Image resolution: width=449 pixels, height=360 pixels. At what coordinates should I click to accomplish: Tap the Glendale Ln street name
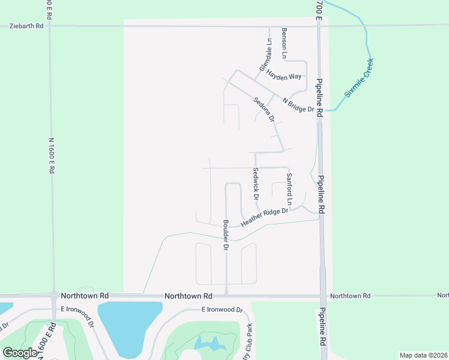point(265,55)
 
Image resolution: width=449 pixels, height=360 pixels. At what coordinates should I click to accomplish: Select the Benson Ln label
point(285,43)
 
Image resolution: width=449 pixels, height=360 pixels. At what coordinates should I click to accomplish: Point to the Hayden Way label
point(284,77)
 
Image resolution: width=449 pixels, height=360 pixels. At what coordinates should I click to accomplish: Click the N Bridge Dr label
point(298,105)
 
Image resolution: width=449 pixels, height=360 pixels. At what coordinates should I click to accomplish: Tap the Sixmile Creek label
point(359,78)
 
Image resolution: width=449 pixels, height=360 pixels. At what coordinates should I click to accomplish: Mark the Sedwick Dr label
point(255,184)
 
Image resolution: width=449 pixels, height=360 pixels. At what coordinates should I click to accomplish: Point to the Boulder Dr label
point(226,235)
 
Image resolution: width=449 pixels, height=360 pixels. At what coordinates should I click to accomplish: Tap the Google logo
point(20,353)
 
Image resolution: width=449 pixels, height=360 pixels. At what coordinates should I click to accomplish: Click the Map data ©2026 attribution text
point(423,355)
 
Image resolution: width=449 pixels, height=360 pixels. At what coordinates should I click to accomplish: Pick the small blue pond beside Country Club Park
point(208,343)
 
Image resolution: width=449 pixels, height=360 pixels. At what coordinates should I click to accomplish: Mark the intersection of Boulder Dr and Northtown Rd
point(226,296)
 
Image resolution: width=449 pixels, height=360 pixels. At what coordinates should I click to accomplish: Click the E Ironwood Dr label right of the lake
point(221,310)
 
